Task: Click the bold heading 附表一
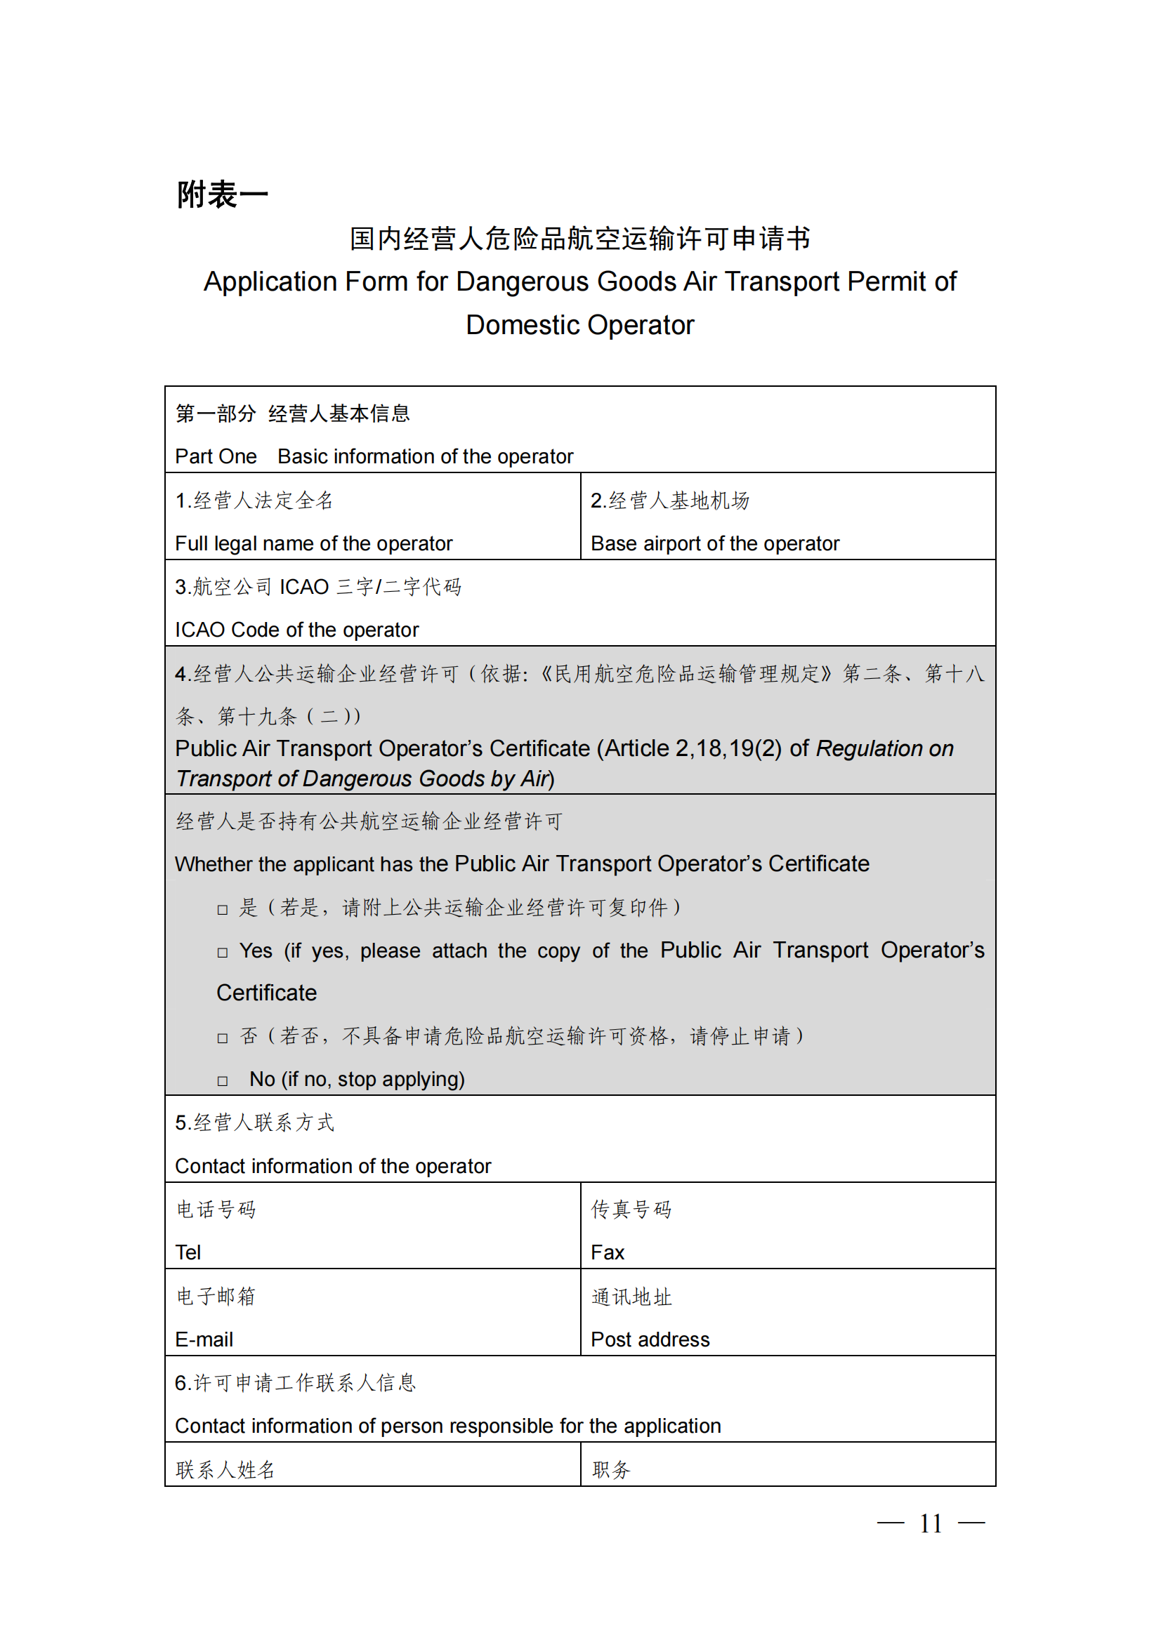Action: [223, 194]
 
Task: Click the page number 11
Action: [930, 1523]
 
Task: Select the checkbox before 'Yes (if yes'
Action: [223, 953]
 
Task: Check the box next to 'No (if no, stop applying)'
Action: [223, 1081]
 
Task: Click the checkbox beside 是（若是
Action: [223, 910]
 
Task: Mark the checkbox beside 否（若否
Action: [223, 1038]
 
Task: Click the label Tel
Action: [188, 1253]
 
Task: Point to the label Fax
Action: [608, 1253]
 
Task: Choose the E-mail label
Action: [204, 1339]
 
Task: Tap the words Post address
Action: [650, 1339]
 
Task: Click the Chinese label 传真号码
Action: [631, 1210]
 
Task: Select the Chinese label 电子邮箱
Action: [216, 1296]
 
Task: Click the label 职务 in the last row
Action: [611, 1469]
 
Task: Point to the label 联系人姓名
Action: [225, 1469]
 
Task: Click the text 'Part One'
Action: [216, 456]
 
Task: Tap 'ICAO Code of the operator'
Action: [297, 630]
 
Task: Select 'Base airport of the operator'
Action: [714, 543]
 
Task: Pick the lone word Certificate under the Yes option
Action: [266, 993]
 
